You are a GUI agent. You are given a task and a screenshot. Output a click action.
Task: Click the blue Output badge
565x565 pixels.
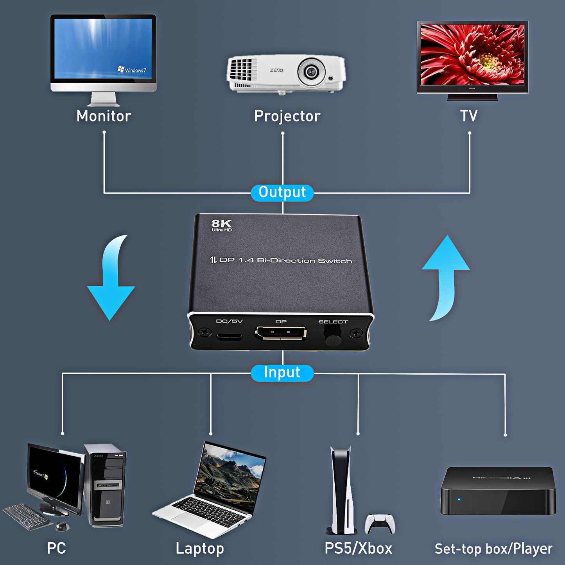[282, 193]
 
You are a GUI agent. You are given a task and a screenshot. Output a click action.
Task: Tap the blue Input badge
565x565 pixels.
[282, 373]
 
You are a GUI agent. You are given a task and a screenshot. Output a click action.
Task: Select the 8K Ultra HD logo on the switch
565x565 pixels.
[221, 225]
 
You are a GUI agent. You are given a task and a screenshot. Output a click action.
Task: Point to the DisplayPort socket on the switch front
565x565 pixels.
[281, 334]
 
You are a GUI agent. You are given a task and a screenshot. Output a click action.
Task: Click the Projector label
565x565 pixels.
[287, 116]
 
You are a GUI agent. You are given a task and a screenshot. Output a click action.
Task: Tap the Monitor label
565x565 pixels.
[104, 116]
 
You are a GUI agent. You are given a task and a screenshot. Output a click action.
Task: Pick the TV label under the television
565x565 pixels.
[469, 116]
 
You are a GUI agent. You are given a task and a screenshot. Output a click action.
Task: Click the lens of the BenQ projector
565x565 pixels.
[311, 72]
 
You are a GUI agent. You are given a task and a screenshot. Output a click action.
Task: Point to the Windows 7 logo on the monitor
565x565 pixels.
[132, 70]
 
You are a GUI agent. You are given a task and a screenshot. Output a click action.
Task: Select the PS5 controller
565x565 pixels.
[380, 524]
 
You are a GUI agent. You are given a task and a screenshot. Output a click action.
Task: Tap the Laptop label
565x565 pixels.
[199, 549]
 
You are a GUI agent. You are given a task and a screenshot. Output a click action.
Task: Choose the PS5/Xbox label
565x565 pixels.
[358, 549]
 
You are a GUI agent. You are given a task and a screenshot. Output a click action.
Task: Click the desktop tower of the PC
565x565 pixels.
[105, 485]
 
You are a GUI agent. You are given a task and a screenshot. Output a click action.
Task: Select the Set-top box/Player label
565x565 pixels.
[493, 549]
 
